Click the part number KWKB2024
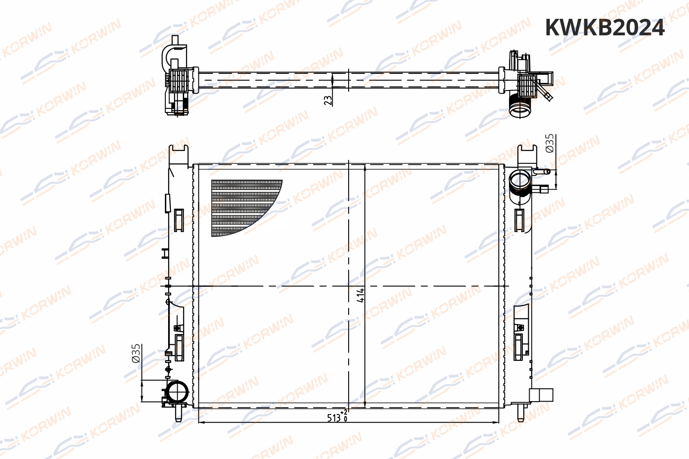(605, 28)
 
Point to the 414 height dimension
(361, 295)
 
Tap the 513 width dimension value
(334, 418)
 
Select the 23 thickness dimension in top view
(328, 101)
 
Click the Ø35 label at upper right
(549, 143)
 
